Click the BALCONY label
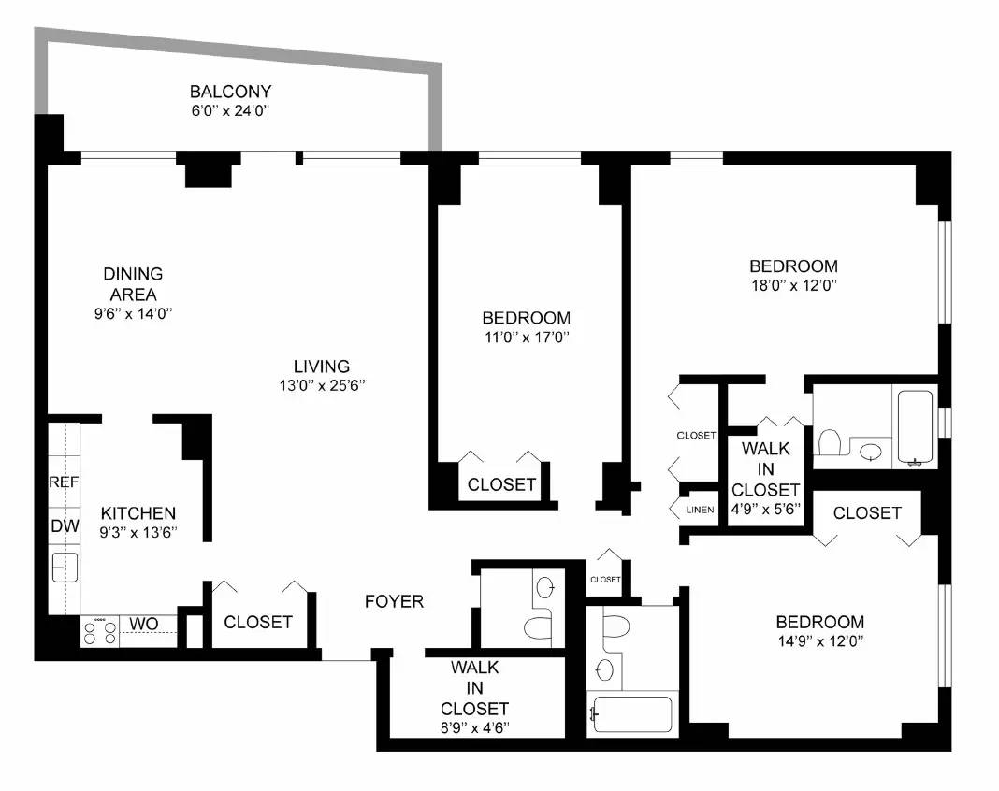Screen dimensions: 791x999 click(x=230, y=92)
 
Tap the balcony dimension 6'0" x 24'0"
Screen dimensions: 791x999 click(x=230, y=111)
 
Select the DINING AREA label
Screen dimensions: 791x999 click(x=133, y=284)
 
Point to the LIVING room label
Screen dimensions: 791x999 click(x=321, y=367)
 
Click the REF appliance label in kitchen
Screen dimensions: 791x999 click(x=64, y=482)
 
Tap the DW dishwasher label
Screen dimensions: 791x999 click(x=64, y=526)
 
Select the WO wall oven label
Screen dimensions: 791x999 click(x=142, y=624)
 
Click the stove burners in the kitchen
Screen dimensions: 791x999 click(x=99, y=633)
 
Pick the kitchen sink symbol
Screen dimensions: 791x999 click(x=65, y=567)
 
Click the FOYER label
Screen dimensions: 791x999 click(x=394, y=601)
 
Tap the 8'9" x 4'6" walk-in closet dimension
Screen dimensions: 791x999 click(x=474, y=726)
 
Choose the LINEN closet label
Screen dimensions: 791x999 click(x=700, y=510)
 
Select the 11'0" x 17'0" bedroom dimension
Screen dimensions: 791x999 click(x=526, y=338)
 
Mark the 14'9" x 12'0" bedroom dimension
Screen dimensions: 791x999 click(x=818, y=641)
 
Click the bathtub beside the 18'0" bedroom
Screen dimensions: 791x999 click(x=916, y=426)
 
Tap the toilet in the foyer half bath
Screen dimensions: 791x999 click(x=539, y=626)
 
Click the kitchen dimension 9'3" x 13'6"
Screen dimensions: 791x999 click(x=138, y=533)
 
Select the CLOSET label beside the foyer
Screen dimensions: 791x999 click(x=258, y=622)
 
